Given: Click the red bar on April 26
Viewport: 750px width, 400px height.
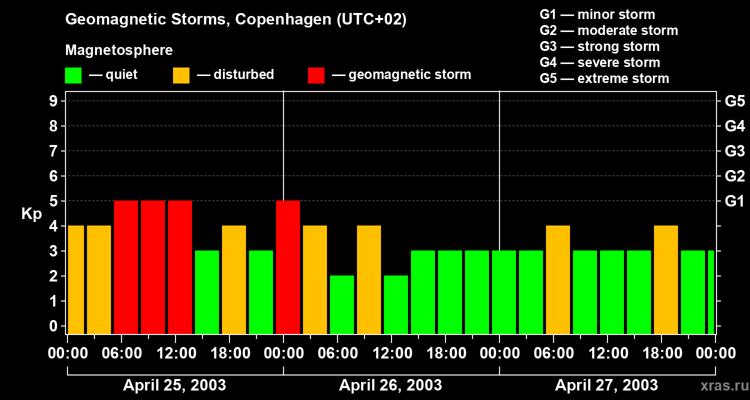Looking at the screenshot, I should pyautogui.click(x=288, y=267).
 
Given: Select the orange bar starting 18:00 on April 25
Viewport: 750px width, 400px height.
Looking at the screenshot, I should pyautogui.click(x=234, y=279).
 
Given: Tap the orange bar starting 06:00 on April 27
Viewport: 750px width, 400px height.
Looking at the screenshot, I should pyautogui.click(x=558, y=279).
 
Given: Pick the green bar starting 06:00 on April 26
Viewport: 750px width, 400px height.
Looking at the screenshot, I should pyautogui.click(x=342, y=304).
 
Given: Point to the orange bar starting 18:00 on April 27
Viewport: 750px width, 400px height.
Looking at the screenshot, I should pyautogui.click(x=666, y=279).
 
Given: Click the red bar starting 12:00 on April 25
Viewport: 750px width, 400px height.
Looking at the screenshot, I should pyautogui.click(x=180, y=267).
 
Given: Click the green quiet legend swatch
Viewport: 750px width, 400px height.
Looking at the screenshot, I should pyautogui.click(x=73, y=75).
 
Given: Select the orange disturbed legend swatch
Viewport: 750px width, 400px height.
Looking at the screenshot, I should pyautogui.click(x=181, y=75).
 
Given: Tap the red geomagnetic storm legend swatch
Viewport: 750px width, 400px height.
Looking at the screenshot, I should pyautogui.click(x=316, y=75).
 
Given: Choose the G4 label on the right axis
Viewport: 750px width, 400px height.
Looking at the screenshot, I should pyautogui.click(x=734, y=126).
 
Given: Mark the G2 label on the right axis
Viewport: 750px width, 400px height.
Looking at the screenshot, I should pyautogui.click(x=734, y=176).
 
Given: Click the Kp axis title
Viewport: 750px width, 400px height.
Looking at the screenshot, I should pyautogui.click(x=31, y=214).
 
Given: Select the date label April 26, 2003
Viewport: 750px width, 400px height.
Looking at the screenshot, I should pyautogui.click(x=390, y=385).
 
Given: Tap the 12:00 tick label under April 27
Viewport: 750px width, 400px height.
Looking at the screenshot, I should pyautogui.click(x=607, y=353).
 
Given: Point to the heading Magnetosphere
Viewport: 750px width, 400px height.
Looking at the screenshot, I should pyautogui.click(x=119, y=50).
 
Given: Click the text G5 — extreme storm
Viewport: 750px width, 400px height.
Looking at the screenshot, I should pyautogui.click(x=604, y=78).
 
